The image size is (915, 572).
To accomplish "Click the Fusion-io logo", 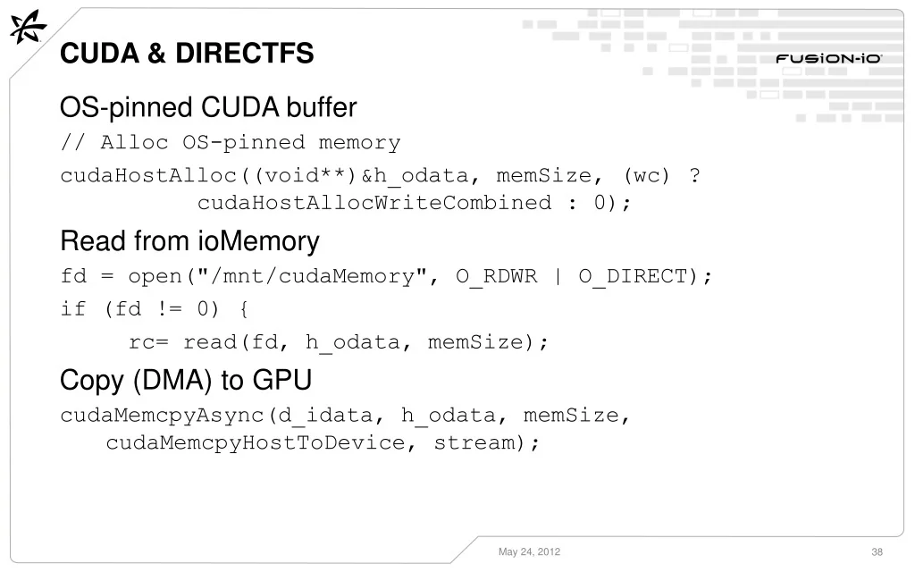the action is [828, 58].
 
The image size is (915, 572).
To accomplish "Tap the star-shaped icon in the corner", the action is [28, 27].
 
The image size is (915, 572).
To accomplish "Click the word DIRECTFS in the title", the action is [245, 53].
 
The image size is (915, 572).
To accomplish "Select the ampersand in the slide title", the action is [156, 53].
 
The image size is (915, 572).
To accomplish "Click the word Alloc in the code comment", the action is [134, 142].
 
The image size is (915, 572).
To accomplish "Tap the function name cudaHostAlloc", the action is [148, 175].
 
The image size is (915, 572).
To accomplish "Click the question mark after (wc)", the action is [694, 175].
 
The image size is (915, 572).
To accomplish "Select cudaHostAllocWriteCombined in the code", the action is [374, 203].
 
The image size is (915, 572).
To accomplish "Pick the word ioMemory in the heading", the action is [258, 241].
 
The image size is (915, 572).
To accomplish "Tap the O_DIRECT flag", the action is [634, 275].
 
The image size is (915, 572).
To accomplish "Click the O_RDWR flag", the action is [497, 275].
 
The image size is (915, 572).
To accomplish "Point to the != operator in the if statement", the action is [169, 308].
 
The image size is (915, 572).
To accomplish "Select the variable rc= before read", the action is [148, 342].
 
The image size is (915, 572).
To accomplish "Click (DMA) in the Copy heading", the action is [172, 380].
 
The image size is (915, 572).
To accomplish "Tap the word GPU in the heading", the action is [282, 380].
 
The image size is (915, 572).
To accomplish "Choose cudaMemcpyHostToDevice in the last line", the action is [255, 443].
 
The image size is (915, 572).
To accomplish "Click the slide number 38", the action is [877, 551].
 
